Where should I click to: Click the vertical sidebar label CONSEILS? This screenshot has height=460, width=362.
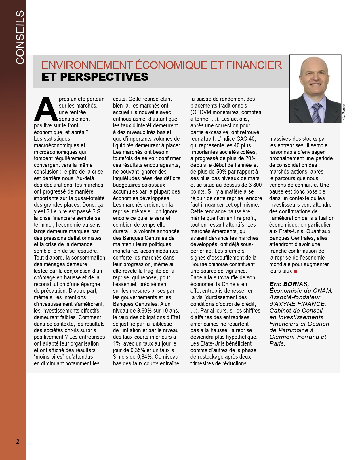click(x=20, y=37)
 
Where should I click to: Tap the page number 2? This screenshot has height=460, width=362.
click(x=18, y=441)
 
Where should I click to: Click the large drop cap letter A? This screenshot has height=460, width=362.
click(x=46, y=109)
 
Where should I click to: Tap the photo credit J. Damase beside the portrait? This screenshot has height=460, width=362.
click(x=344, y=112)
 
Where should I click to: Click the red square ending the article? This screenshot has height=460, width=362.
click(x=296, y=271)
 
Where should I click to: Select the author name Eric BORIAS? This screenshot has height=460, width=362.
click(x=289, y=284)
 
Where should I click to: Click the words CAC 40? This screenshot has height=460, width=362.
click(x=246, y=139)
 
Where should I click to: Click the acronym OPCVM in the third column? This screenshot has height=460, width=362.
click(x=201, y=112)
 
